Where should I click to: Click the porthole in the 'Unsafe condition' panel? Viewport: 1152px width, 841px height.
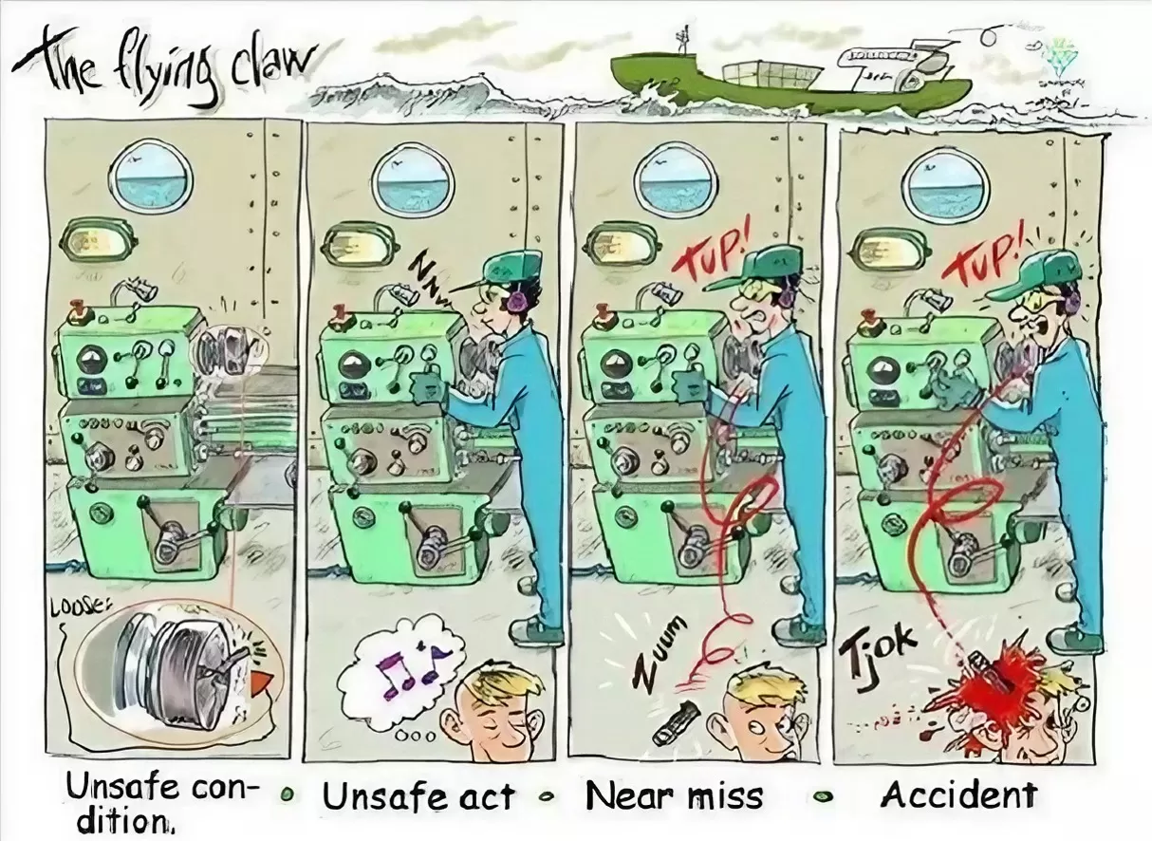(x=151, y=176)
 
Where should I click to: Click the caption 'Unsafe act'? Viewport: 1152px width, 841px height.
(x=418, y=795)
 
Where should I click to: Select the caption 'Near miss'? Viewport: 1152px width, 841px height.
(x=674, y=795)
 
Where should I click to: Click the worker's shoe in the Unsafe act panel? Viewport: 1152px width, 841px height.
(x=536, y=630)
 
